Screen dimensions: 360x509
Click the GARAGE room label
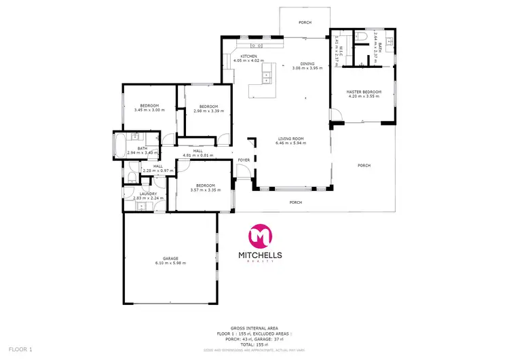point(170,258)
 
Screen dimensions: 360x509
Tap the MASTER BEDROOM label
point(364,92)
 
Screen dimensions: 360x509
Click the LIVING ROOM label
point(289,139)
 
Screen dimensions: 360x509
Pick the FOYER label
point(244,160)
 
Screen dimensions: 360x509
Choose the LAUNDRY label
point(149,194)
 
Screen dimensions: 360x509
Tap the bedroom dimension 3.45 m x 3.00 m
point(149,110)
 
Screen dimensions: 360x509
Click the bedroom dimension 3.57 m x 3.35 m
point(206,190)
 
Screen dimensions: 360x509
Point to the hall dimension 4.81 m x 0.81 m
point(198,155)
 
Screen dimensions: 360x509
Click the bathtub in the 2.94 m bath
point(119,146)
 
